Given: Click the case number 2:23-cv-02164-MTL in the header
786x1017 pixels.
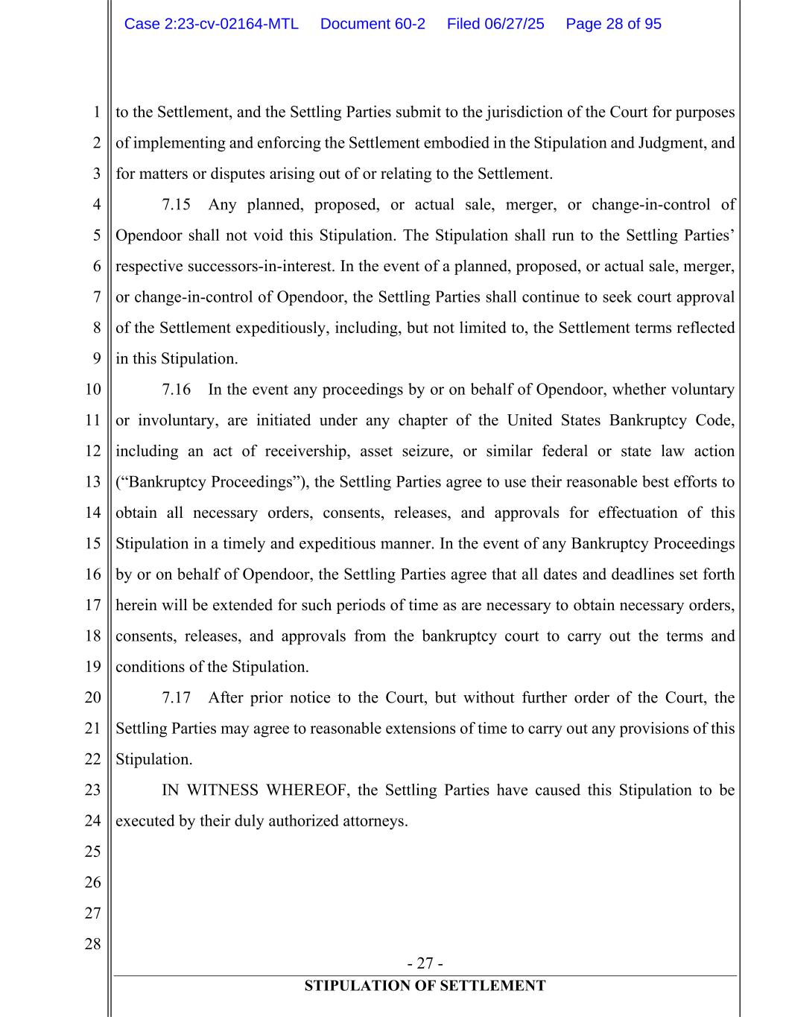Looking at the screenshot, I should click(211, 24).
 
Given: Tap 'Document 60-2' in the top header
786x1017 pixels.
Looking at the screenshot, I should click(373, 24).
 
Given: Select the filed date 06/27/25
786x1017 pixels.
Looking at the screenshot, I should click(495, 24).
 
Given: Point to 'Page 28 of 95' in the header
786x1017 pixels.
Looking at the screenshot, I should click(613, 24).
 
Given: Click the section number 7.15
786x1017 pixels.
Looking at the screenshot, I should click(177, 205).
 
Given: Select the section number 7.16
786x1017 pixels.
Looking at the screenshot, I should click(177, 390).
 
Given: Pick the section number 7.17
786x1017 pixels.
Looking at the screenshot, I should click(177, 698).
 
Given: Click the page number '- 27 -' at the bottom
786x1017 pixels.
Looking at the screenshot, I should click(425, 963).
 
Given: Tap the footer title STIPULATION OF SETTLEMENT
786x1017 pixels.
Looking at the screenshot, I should click(425, 986).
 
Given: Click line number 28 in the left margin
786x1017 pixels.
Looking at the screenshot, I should click(92, 944).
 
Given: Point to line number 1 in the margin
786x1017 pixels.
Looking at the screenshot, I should click(97, 113).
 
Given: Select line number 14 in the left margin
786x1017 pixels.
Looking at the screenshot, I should click(92, 513).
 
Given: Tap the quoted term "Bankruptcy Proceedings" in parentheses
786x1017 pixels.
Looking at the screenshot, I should click(212, 482).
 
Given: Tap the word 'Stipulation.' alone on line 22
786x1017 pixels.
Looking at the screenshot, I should click(154, 760).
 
